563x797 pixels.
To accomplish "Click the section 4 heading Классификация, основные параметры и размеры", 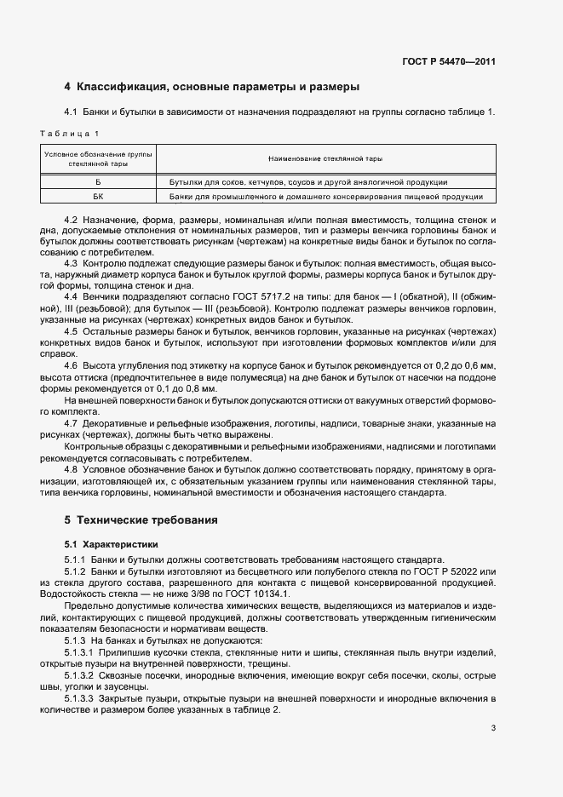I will click(212, 86).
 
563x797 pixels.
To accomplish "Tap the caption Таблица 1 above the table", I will click(71, 134).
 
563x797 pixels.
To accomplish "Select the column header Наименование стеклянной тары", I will click(325, 158).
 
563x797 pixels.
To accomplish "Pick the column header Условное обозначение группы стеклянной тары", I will click(98, 158).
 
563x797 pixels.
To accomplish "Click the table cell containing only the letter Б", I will click(98, 182).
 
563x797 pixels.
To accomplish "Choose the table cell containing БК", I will click(98, 197).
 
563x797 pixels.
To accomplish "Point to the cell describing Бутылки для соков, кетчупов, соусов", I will click(308, 182).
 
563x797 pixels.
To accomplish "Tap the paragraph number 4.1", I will click(72, 112).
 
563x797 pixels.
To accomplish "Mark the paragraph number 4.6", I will click(72, 364).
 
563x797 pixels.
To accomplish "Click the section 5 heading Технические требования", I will click(141, 519).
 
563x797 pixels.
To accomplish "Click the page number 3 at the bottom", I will click(493, 728).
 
